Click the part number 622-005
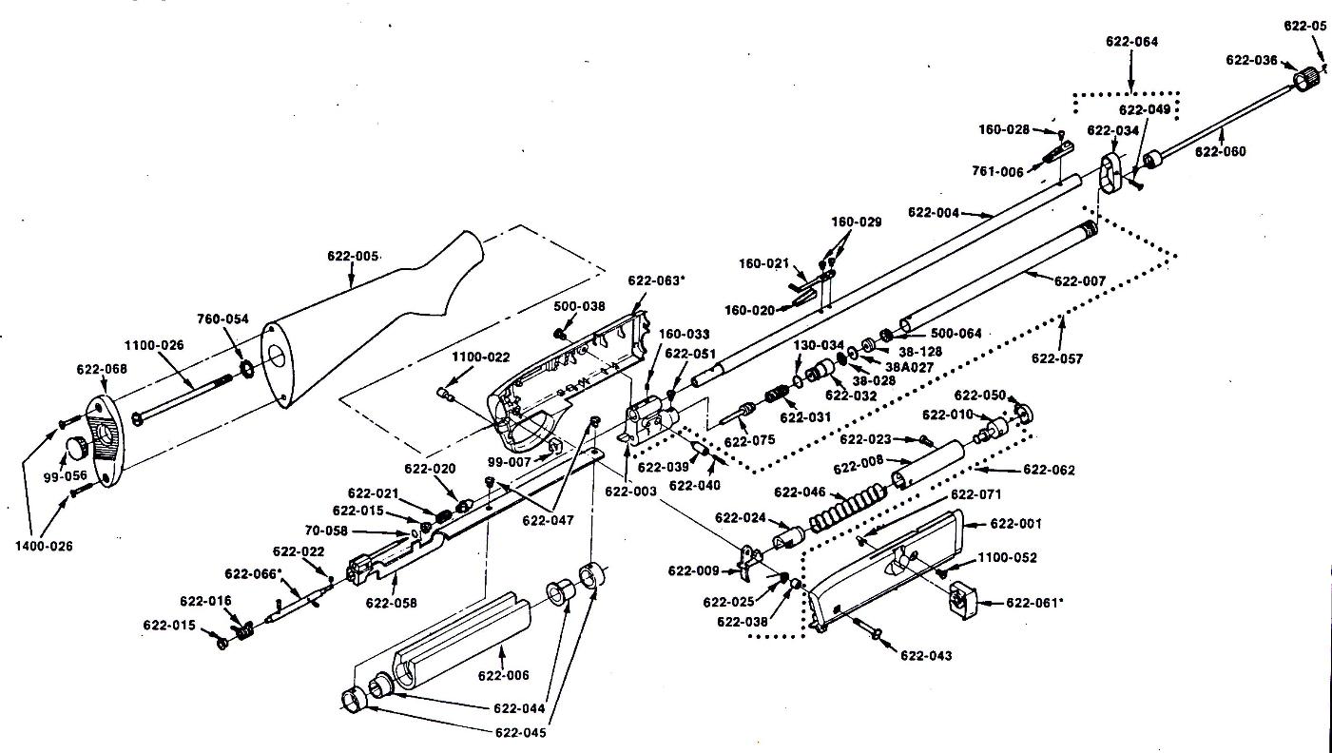tap(353, 256)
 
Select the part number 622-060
tap(1220, 151)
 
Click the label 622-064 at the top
tap(1131, 42)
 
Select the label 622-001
tap(1015, 524)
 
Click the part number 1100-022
tap(480, 357)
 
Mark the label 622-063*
tap(656, 280)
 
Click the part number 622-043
tap(925, 655)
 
